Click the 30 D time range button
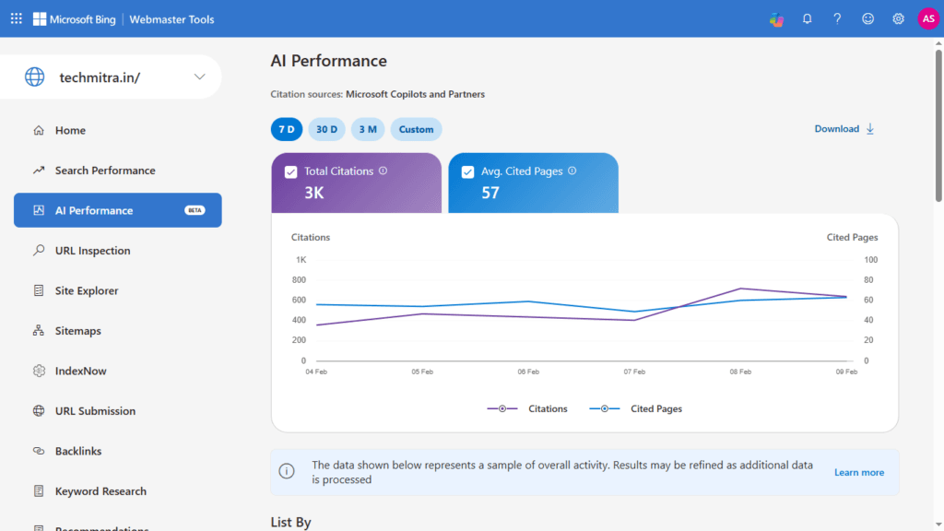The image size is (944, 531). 326,129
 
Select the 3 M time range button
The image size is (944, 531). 367,129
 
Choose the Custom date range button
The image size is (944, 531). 416,129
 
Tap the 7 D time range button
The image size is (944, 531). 286,129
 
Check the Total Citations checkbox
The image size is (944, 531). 291,171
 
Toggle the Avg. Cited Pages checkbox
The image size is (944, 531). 467,171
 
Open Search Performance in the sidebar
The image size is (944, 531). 104,171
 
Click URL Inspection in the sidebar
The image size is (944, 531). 92,251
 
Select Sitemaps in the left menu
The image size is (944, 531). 77,331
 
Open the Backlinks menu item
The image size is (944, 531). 77,451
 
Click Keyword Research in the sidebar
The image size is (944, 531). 100,491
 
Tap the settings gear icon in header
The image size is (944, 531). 898,18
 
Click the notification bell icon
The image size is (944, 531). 807,18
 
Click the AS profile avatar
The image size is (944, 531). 928,18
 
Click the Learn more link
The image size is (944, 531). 858,473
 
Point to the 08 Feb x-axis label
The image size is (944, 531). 740,372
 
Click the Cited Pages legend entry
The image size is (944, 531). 655,408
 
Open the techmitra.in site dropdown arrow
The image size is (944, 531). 200,77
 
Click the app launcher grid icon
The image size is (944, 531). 16,18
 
